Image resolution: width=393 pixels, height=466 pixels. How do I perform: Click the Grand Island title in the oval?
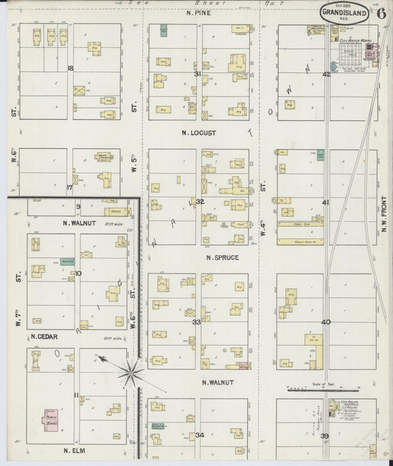345,13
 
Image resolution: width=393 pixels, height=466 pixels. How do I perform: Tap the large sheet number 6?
381,13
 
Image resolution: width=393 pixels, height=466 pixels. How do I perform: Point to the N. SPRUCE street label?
220,257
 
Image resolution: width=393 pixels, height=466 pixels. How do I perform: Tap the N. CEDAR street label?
44,337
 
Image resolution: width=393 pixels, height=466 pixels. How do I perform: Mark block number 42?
326,74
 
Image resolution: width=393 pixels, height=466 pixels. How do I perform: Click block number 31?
198,74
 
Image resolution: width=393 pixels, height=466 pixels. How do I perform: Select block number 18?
71,69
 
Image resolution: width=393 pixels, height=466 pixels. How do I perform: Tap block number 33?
196,322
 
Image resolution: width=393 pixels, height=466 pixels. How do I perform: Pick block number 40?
326,322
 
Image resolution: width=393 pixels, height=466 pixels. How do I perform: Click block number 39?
325,437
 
